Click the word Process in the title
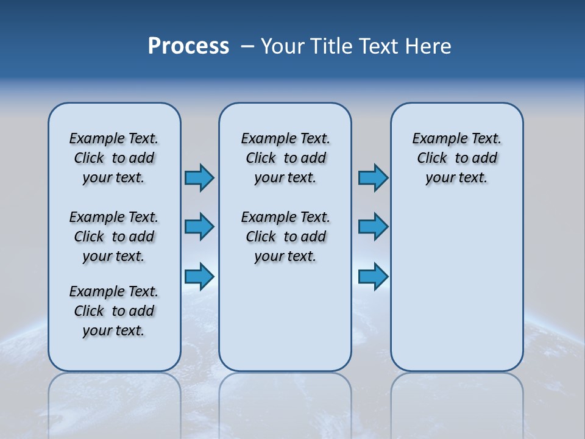click(x=188, y=46)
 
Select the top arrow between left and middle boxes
click(x=199, y=177)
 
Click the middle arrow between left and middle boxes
click(x=199, y=227)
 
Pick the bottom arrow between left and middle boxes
click(x=199, y=276)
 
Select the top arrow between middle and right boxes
click(x=373, y=177)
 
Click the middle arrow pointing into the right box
click(x=373, y=227)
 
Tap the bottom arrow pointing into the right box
click(x=373, y=276)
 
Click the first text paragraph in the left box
click(x=114, y=158)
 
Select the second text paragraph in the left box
click(x=114, y=237)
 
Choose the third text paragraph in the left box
click(x=114, y=311)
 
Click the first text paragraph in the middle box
click(x=285, y=158)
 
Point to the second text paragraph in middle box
click(x=285, y=237)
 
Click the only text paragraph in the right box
click(x=457, y=158)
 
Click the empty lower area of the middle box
click(x=285, y=317)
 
